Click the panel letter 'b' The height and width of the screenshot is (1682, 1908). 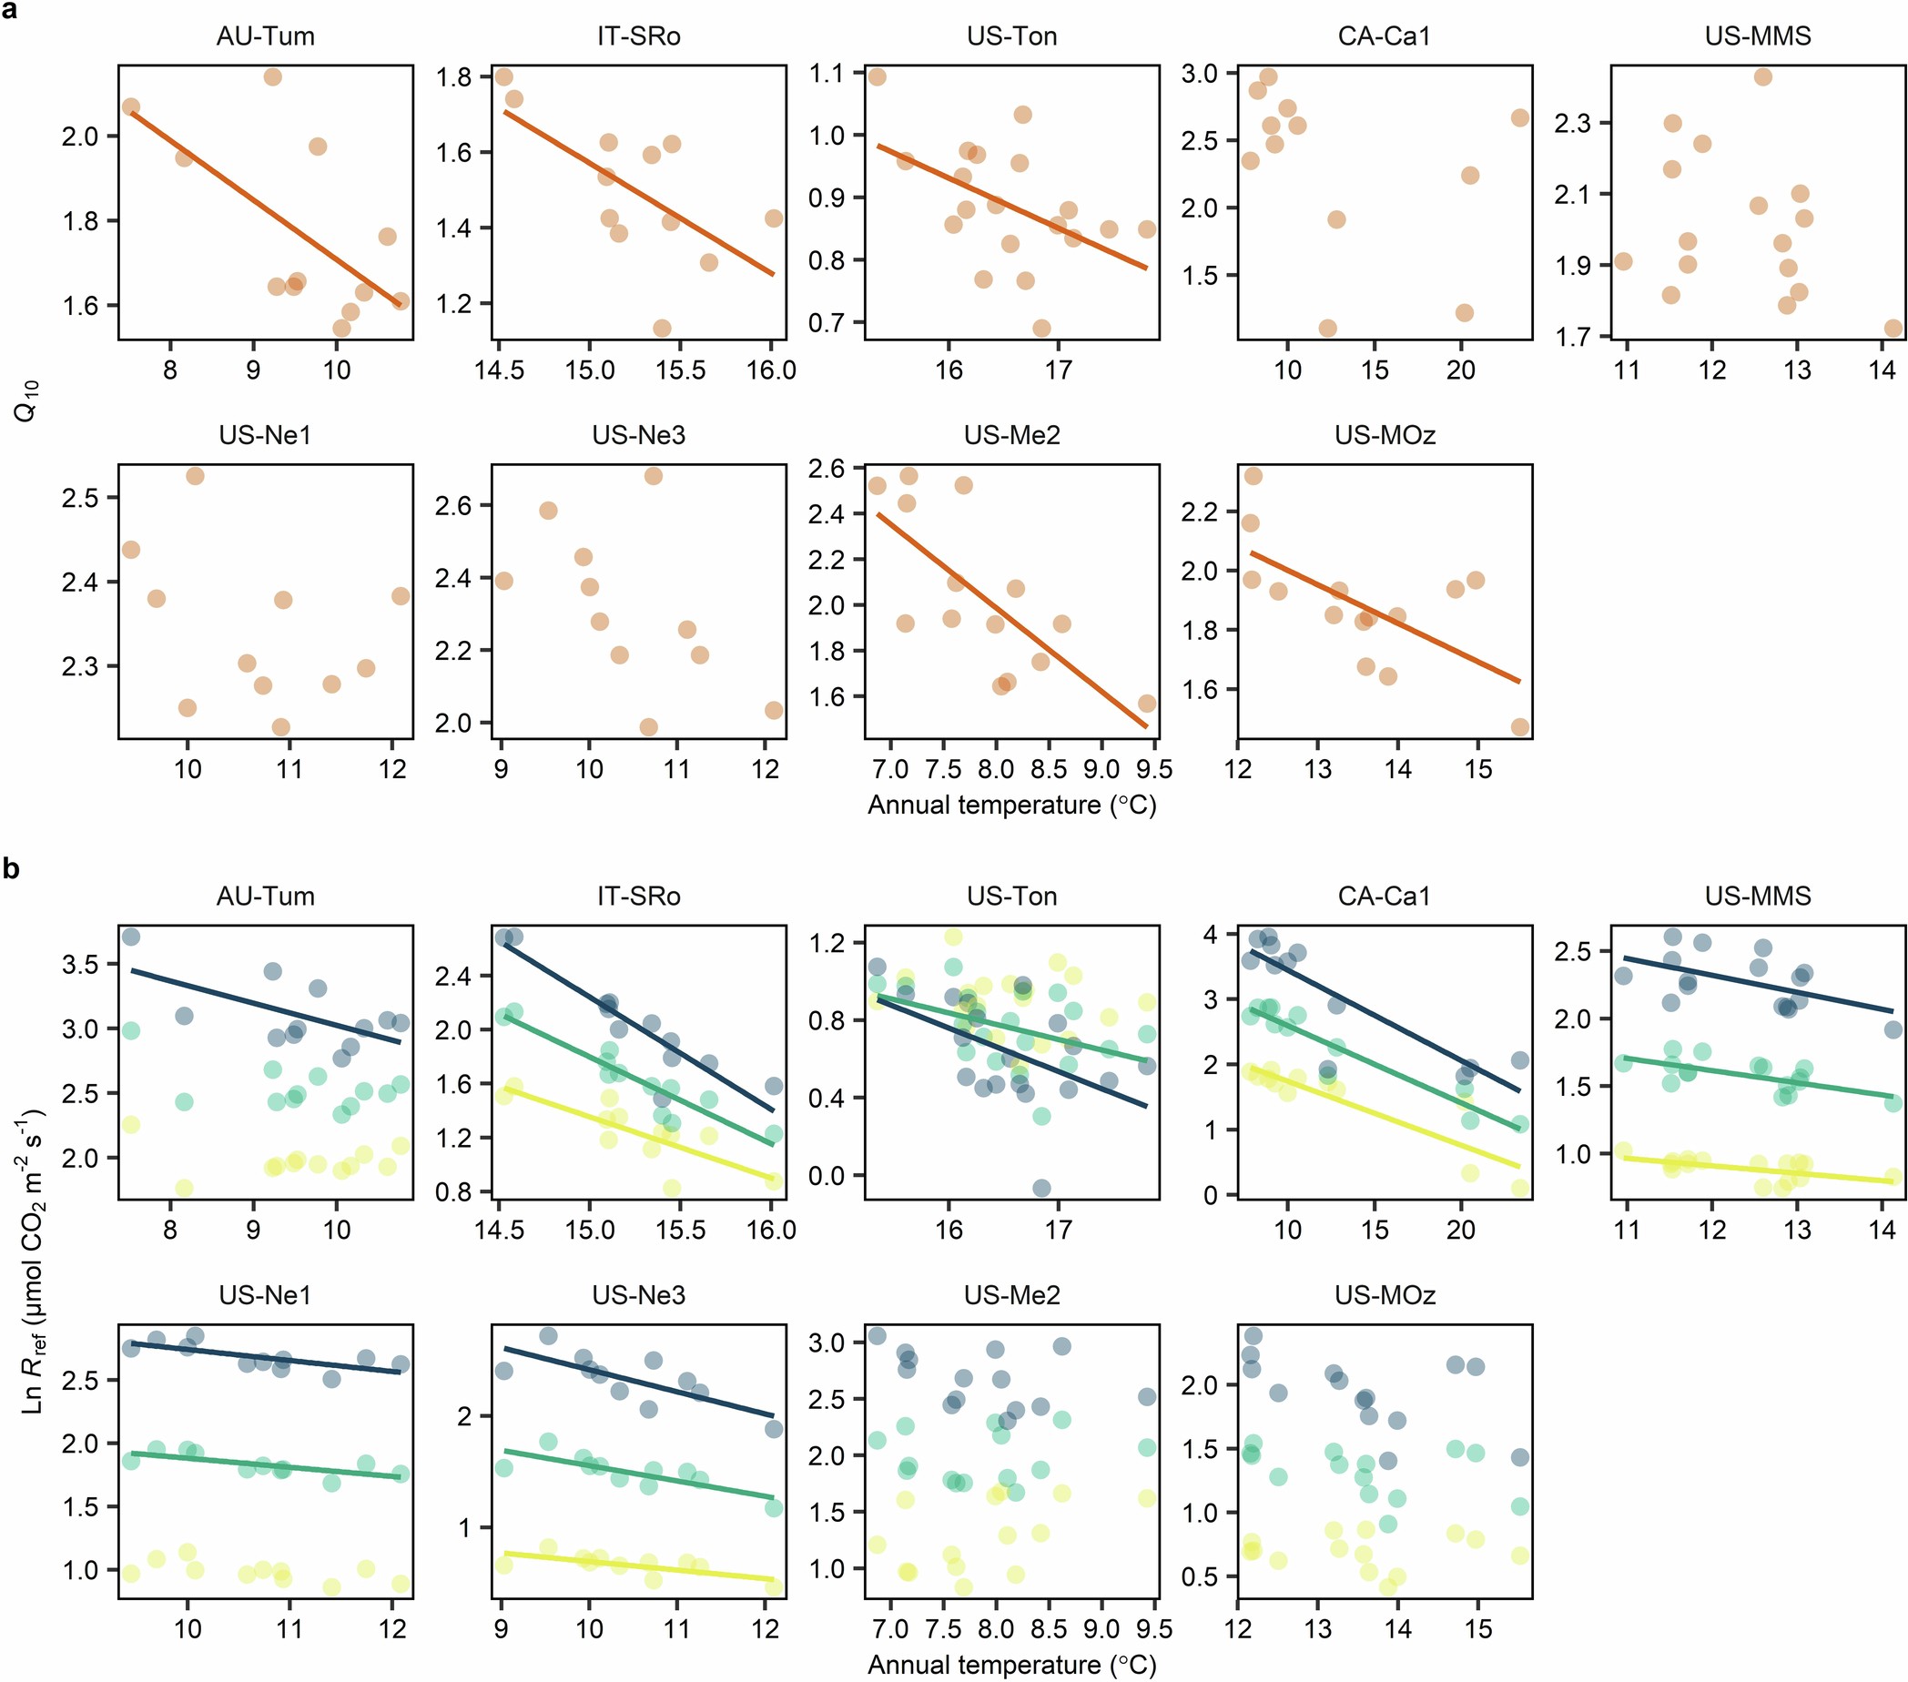click(x=10, y=869)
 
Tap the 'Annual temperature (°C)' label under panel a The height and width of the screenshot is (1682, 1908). click(x=1012, y=805)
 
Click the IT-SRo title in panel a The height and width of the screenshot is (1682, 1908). click(x=638, y=36)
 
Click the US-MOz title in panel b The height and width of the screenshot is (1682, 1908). click(x=1385, y=1294)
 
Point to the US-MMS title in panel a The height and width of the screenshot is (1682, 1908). click(x=1758, y=36)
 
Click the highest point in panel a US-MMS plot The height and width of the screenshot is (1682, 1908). click(x=1762, y=76)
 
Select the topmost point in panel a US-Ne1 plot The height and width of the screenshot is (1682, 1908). click(x=195, y=476)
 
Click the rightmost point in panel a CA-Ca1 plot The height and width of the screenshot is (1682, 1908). click(x=1519, y=117)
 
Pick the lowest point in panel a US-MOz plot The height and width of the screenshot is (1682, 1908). click(x=1519, y=727)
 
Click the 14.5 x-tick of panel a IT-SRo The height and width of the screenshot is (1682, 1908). click(x=499, y=370)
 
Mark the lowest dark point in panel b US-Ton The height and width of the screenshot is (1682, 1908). click(x=1041, y=1188)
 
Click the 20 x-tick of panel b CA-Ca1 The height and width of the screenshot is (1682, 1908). click(x=1461, y=1231)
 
